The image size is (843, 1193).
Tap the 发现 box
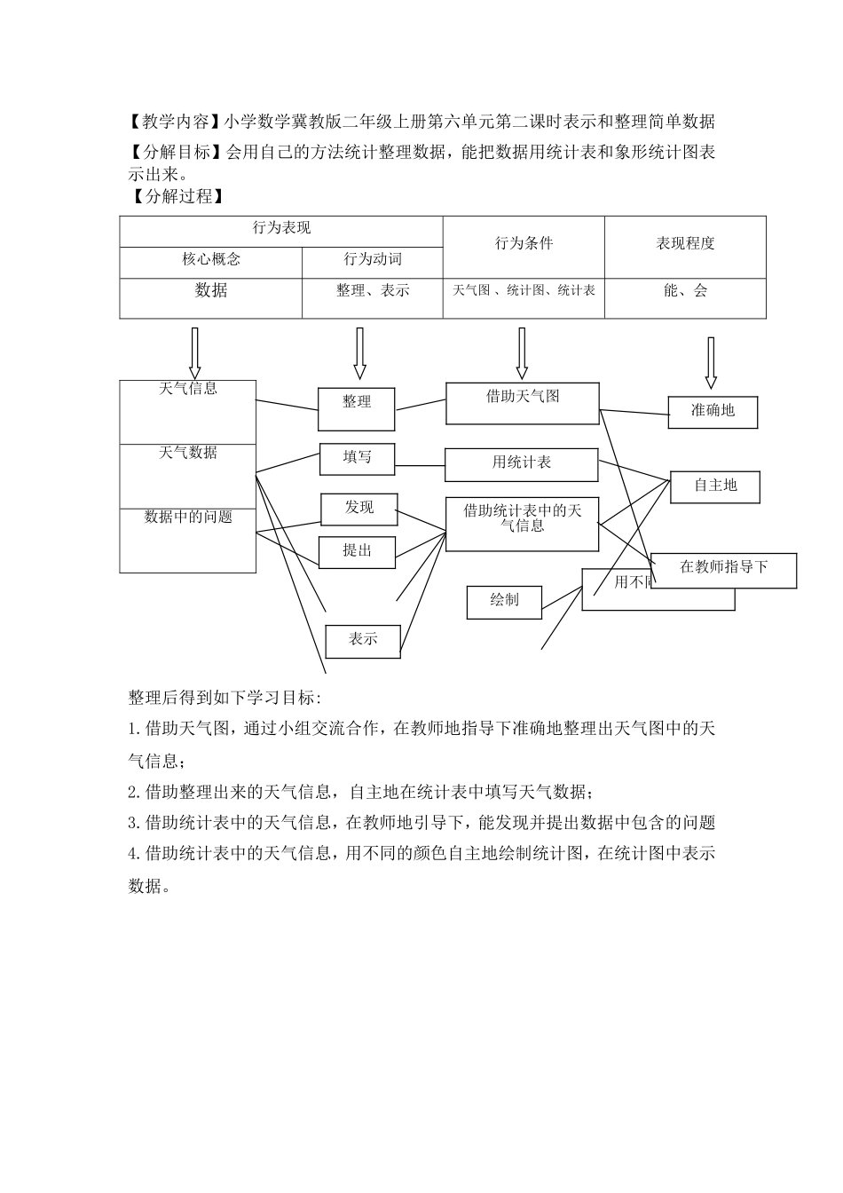pyautogui.click(x=358, y=509)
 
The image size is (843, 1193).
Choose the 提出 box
pyautogui.click(x=357, y=551)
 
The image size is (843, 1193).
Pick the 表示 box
pyautogui.click(x=363, y=640)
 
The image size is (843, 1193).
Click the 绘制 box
pyautogui.click(x=504, y=601)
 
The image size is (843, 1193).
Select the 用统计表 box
pyautogui.click(x=521, y=464)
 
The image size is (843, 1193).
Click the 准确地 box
pyautogui.click(x=713, y=412)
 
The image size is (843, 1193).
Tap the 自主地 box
pyautogui.click(x=715, y=486)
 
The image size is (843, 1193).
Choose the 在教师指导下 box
pyautogui.click(x=723, y=570)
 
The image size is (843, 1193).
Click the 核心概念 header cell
pyautogui.click(x=211, y=260)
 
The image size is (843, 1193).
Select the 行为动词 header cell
pyautogui.click(x=373, y=260)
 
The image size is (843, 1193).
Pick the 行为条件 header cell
pyautogui.click(x=524, y=243)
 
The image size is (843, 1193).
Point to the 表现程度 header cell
pyautogui.click(x=685, y=243)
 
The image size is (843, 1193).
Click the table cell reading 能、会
pyautogui.click(x=685, y=291)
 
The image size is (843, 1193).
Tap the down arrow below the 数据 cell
pyautogui.click(x=194, y=352)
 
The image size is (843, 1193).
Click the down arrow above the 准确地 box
pyautogui.click(x=710, y=362)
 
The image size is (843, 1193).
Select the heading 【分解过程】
pyautogui.click(x=175, y=196)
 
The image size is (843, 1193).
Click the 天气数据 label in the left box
pyautogui.click(x=188, y=453)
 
